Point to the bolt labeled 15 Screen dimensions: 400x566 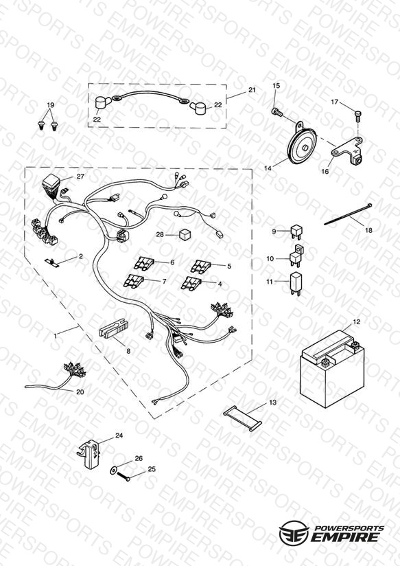[277, 112]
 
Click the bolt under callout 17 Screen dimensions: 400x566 [357, 115]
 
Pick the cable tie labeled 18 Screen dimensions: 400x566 [348, 214]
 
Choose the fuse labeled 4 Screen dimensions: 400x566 [191, 282]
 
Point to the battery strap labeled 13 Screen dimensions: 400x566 [242, 418]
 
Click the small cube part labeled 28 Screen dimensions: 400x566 [185, 235]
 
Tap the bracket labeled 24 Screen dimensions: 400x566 [89, 454]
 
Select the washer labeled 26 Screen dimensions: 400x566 [114, 471]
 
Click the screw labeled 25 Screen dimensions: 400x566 [123, 476]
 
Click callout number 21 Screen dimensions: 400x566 [252, 89]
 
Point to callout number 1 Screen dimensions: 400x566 [55, 336]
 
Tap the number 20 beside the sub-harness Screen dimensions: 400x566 [80, 392]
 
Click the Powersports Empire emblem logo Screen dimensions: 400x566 [294, 532]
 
